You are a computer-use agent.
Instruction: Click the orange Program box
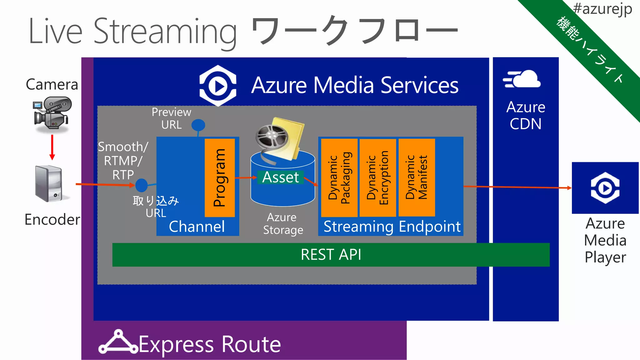coord(220,177)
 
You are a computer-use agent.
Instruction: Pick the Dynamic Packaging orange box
coord(339,177)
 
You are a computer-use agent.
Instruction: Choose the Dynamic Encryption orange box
coord(378,177)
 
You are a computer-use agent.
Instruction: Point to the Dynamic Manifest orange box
coord(417,177)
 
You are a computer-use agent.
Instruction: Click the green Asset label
coord(280,177)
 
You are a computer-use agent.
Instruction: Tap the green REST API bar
coord(331,255)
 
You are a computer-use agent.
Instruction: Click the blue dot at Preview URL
coord(198,125)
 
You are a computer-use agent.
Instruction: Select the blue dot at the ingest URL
coord(142,185)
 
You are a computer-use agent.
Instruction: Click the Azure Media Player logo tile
coord(605,188)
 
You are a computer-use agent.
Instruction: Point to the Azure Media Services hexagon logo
coord(218,86)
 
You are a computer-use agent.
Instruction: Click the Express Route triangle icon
coord(118,342)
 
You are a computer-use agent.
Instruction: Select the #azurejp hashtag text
coord(602,8)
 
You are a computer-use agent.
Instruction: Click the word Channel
coord(197,227)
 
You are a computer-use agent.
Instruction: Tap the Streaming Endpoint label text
coord(392,227)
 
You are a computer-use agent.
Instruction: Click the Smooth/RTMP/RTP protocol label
coord(123,161)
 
